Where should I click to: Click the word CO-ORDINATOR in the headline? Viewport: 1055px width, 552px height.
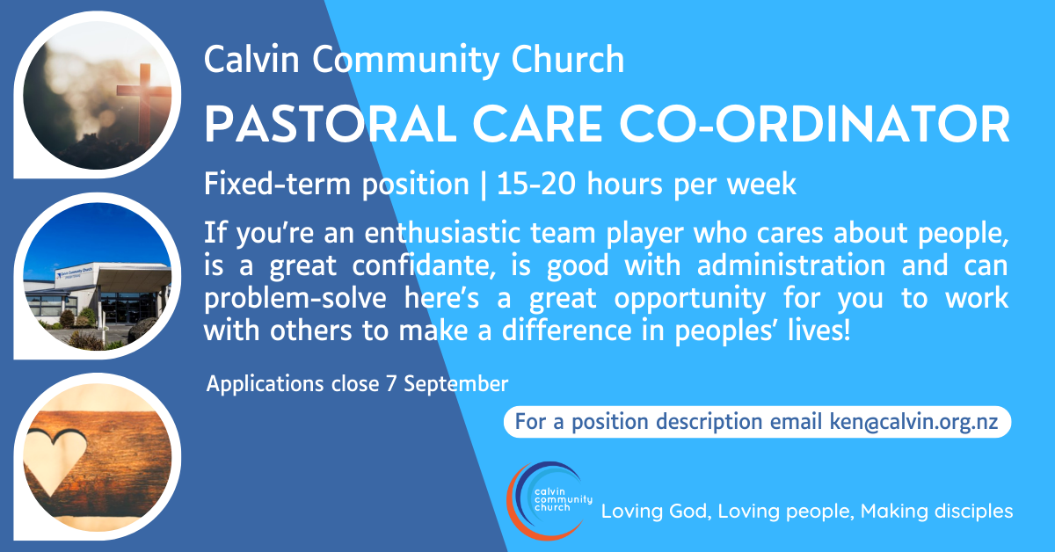814,124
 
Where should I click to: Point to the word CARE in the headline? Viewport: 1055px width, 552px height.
537,124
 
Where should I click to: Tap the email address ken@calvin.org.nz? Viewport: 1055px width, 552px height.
913,422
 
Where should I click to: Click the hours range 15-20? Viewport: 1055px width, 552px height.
536,184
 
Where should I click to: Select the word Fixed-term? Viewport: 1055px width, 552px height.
278,184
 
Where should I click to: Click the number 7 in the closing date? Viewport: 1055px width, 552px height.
391,384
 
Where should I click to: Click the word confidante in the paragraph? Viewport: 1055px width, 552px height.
424,265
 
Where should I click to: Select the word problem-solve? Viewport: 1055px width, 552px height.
295,299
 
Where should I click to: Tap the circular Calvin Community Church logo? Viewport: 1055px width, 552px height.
549,501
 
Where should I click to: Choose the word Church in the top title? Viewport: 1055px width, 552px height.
568,60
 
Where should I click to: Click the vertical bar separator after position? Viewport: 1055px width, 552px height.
483,185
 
